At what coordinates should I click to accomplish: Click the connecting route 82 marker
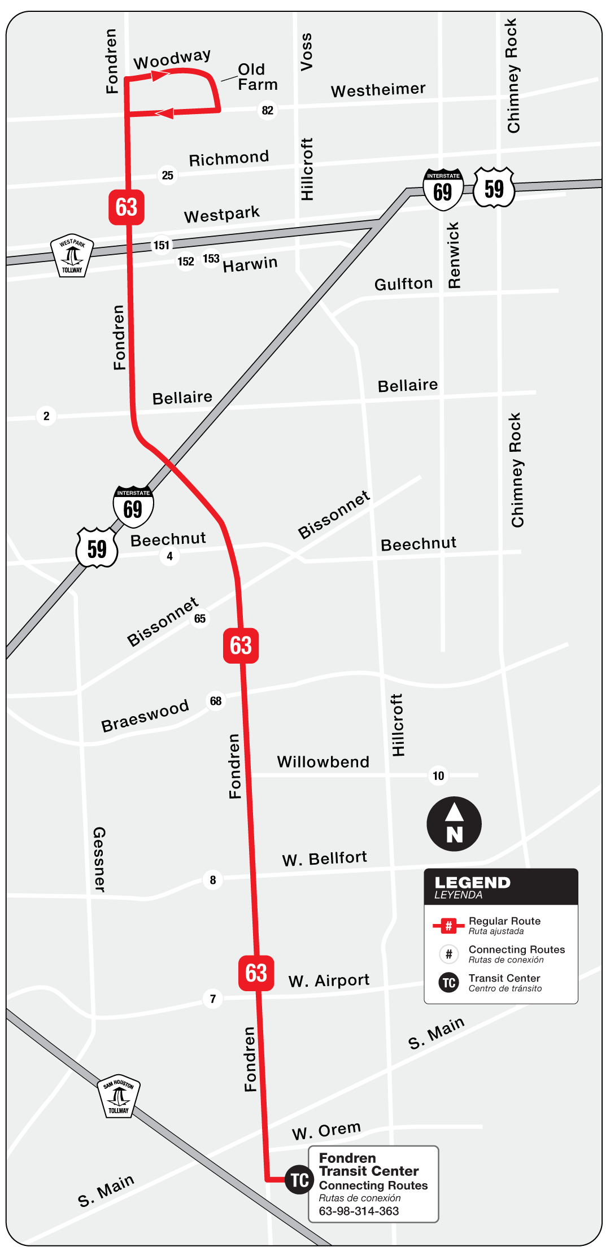click(x=268, y=110)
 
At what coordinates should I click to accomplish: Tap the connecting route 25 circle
click(x=168, y=175)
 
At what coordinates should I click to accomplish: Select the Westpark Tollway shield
click(x=72, y=255)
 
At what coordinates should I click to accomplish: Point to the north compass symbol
click(x=454, y=824)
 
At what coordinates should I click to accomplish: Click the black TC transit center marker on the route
click(x=299, y=1179)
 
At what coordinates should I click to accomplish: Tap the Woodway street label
click(x=172, y=59)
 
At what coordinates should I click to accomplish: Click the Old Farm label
click(x=257, y=77)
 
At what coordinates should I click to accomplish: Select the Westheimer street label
click(x=378, y=90)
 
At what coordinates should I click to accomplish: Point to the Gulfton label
click(x=403, y=284)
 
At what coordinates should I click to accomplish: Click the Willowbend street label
click(x=323, y=762)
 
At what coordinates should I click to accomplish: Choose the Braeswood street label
click(x=145, y=716)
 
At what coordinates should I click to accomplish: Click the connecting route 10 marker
click(x=439, y=775)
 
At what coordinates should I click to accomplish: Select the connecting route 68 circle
click(x=216, y=701)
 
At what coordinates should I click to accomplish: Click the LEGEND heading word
click(x=472, y=882)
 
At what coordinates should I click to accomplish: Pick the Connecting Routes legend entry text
click(x=516, y=950)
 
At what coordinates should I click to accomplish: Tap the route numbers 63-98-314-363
click(x=359, y=1211)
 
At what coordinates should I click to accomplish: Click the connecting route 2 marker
click(x=46, y=416)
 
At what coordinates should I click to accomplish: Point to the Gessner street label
click(x=99, y=860)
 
